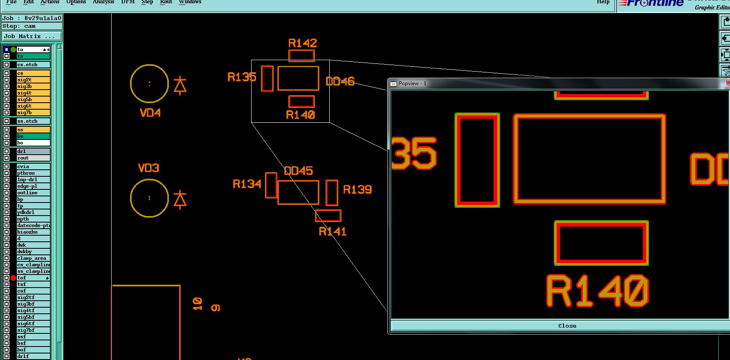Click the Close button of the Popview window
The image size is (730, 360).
[567, 326]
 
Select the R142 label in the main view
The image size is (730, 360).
[303, 43]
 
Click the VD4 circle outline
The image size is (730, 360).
[130, 83]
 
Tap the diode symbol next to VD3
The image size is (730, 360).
[180, 200]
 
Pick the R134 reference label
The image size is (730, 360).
[247, 184]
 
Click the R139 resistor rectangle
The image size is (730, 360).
[332, 193]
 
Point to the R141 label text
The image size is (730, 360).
[332, 232]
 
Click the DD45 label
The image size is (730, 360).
[299, 171]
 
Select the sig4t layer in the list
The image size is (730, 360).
[33, 93]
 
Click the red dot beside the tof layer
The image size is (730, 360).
[13, 278]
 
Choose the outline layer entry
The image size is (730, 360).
[33, 193]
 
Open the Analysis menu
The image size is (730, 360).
[103, 2]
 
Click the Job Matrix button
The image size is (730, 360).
[31, 36]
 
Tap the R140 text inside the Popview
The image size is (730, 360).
[597, 291]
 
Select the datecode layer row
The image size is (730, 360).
[33, 225]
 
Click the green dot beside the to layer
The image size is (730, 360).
[13, 49]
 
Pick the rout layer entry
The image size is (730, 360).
[33, 158]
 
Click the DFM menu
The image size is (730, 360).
[128, 2]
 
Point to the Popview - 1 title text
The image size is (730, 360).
[412, 83]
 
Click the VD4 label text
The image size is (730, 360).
[150, 113]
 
